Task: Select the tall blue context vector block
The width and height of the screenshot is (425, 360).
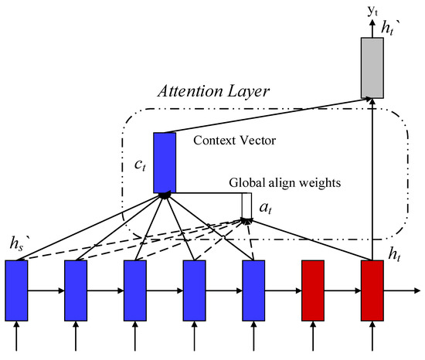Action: point(165,162)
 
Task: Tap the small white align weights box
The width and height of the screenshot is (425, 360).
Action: point(246,205)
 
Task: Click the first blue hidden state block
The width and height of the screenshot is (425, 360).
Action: point(16,289)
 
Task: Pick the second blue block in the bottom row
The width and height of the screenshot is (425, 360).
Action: point(76,289)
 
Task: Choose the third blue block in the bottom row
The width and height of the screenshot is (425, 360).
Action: point(135,289)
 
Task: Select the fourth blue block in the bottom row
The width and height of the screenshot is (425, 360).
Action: point(194,289)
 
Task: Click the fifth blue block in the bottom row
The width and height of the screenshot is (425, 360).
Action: point(253,289)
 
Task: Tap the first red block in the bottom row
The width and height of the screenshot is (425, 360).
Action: point(313,289)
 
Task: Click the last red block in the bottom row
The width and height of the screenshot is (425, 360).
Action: point(372,289)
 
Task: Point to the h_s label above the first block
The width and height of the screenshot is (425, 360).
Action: point(16,246)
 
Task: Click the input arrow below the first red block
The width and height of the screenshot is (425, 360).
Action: point(313,334)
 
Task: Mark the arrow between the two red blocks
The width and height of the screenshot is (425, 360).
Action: point(342,291)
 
